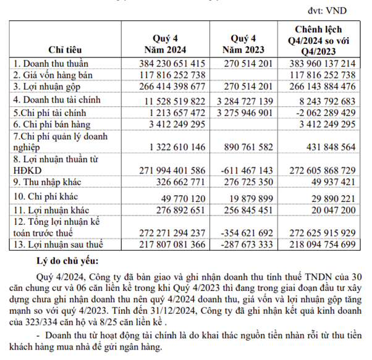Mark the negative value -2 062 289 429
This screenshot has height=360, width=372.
(x=324, y=112)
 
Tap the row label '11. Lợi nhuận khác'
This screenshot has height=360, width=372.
(x=51, y=209)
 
